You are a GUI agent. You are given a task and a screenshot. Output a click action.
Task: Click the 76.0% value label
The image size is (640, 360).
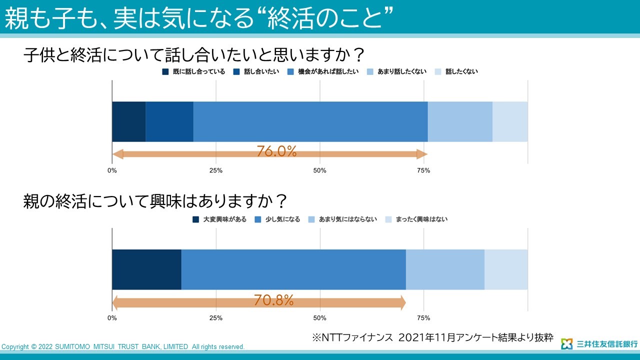[x=276, y=151]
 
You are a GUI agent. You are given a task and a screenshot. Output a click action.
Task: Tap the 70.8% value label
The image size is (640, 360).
[x=273, y=300]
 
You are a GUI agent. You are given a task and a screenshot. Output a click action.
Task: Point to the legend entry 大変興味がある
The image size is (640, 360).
[x=219, y=219]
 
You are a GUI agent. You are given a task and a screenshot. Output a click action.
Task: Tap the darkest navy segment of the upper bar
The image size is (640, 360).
[x=128, y=121]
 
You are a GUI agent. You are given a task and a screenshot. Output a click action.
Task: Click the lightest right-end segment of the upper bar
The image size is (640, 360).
[x=510, y=121]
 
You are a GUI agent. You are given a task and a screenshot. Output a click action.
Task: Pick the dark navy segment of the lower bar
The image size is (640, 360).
[x=146, y=269]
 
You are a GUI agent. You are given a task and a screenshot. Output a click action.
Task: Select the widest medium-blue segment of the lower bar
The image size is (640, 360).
[x=293, y=269]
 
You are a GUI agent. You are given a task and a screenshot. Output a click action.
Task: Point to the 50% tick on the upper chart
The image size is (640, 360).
[x=319, y=170]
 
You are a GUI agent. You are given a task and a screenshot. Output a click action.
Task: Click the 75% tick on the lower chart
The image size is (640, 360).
[x=423, y=318]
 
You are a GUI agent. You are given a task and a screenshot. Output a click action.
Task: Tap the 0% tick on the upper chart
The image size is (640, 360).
[x=112, y=170]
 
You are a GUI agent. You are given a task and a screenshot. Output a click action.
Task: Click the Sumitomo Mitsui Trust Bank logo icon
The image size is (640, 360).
[x=566, y=344]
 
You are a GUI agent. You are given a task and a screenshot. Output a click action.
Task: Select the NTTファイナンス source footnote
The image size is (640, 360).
[x=432, y=337]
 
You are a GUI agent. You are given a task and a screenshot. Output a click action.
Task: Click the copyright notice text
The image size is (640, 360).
[x=123, y=346]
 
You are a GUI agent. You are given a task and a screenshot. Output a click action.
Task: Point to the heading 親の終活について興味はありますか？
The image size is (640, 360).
[x=155, y=201]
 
